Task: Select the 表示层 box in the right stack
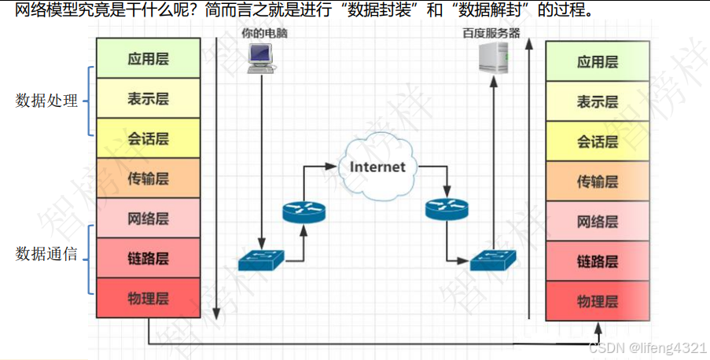tap(598, 101)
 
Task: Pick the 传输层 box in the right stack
tap(598, 182)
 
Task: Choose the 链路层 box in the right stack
tap(598, 261)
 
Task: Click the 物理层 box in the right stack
tap(598, 301)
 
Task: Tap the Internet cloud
tap(377, 166)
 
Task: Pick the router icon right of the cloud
tap(446, 209)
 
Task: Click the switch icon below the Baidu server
tap(493, 259)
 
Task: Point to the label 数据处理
tap(47, 101)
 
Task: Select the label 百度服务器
tap(491, 34)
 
